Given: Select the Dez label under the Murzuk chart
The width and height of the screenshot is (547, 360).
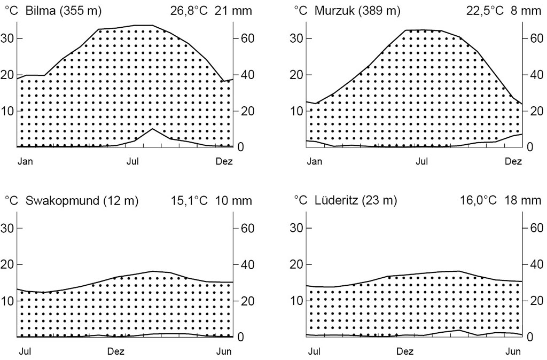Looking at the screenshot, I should pyautogui.click(x=513, y=161).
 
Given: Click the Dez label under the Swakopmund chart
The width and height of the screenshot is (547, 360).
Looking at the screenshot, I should pyautogui.click(x=116, y=351).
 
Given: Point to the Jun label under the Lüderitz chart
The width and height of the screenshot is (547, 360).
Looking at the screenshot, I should pyautogui.click(x=513, y=351).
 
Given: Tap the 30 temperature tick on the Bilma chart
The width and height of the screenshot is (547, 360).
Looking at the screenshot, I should pyautogui.click(x=10, y=38).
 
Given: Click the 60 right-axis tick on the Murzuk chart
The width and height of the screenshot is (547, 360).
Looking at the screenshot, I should pyautogui.click(x=535, y=38).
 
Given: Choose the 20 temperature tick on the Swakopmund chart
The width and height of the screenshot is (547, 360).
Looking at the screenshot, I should pyautogui.click(x=10, y=264).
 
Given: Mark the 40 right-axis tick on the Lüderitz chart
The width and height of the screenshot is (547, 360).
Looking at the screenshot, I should pyautogui.click(x=535, y=264).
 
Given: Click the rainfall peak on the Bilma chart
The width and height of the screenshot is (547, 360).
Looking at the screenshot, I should pyautogui.click(x=152, y=129).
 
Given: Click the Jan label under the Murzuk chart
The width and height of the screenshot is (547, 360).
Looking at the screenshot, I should pyautogui.click(x=314, y=161).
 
